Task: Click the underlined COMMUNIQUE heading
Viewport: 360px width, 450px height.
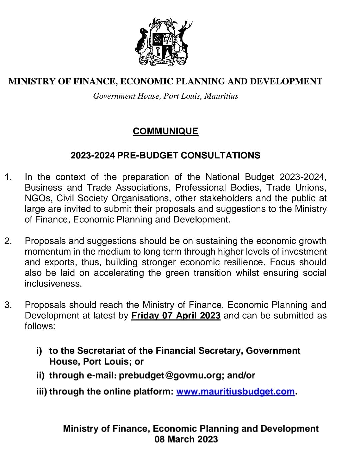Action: pos(165,131)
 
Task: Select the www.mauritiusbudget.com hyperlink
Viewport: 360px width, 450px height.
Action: pos(235,391)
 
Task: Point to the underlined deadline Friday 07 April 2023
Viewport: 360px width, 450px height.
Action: pos(176,316)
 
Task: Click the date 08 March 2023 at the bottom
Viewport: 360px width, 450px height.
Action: pos(186,439)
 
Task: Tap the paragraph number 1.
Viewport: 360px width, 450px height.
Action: pos(8,177)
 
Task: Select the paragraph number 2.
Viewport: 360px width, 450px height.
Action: pos(8,241)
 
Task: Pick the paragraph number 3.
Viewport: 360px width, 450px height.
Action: pos(8,305)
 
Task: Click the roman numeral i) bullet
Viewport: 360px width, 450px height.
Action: pos(39,351)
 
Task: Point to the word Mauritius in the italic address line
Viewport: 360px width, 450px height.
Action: pos(221,96)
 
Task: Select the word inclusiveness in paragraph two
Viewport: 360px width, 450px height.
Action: pos(53,284)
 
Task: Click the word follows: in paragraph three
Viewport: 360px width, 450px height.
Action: pos(40,326)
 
